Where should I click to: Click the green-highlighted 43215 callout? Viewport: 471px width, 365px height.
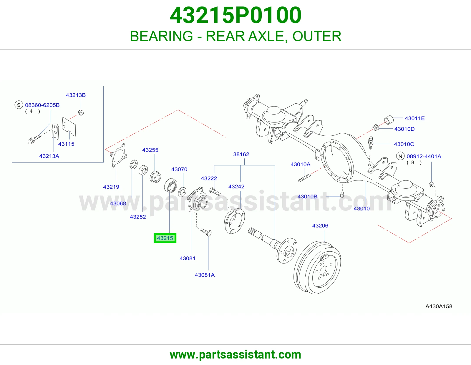point(165,238)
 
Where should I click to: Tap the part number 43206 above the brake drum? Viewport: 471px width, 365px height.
point(320,226)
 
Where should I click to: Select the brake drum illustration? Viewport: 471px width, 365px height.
point(317,268)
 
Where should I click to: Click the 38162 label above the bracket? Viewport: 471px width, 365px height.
point(241,154)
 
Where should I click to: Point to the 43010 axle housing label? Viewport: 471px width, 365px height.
point(362,208)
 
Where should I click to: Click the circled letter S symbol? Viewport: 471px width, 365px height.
point(19,105)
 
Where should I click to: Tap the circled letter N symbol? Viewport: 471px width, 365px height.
point(400,156)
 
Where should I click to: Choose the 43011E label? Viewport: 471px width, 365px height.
point(415,118)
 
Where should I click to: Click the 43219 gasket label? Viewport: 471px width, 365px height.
point(111,187)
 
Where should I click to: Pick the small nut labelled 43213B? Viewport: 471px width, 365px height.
point(81,113)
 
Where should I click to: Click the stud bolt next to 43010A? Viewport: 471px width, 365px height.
point(304,178)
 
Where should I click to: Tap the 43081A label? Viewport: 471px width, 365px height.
point(205,275)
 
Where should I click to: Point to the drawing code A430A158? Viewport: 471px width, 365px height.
point(439,306)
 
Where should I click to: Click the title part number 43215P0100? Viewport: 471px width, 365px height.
point(235,15)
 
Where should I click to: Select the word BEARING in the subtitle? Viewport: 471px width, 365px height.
point(162,36)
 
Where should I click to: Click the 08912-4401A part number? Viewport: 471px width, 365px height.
point(424,156)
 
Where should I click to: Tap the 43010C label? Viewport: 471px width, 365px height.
point(404,144)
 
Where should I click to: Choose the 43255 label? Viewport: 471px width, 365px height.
point(150,150)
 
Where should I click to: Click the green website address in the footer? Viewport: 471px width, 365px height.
point(235,355)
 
